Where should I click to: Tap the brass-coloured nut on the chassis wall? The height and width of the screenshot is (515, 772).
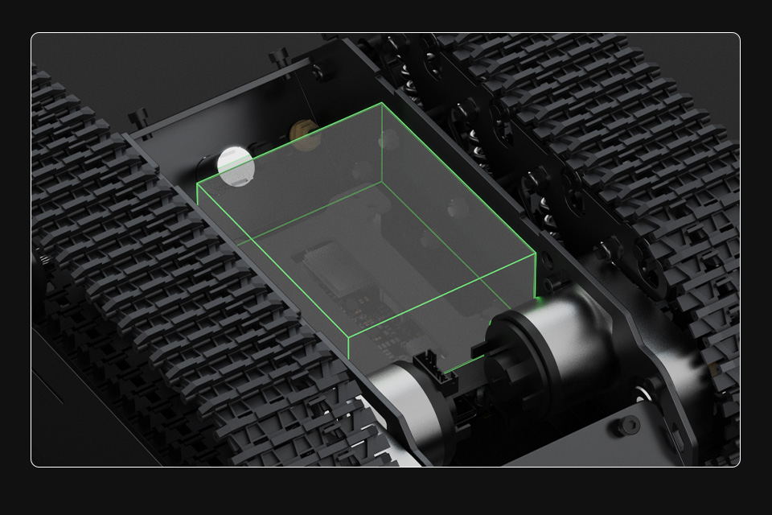(305, 134)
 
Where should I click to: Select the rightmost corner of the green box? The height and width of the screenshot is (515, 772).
(536, 255)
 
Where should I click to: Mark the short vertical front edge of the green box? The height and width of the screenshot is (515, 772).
(348, 348)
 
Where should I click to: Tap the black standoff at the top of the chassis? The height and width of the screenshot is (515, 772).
(279, 57)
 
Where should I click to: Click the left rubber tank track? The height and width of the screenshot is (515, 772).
(161, 282)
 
